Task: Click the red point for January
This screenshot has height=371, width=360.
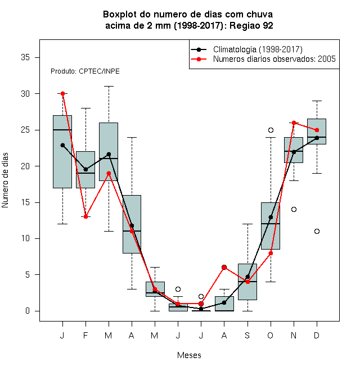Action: (62, 94)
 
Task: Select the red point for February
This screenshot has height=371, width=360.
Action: (85, 217)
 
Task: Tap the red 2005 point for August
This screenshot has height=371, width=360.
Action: (224, 268)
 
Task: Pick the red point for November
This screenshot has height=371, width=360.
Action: (294, 123)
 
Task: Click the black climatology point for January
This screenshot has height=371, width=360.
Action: (62, 145)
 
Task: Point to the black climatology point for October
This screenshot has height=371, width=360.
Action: (271, 217)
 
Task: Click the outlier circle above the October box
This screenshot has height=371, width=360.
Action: (271, 130)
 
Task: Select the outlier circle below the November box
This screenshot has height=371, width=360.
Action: (294, 210)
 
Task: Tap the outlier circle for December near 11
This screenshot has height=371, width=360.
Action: (317, 232)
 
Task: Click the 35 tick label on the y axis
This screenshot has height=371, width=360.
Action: (25, 57)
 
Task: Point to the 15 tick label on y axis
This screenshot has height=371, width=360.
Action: (25, 202)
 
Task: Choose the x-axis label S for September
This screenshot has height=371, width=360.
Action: (247, 336)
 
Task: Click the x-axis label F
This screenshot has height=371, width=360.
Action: (85, 336)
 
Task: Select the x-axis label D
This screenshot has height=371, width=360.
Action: (317, 336)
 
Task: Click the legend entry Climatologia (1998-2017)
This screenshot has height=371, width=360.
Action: (258, 49)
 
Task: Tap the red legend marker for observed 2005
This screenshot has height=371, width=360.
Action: (199, 59)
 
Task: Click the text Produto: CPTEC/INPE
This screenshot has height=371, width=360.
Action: (85, 71)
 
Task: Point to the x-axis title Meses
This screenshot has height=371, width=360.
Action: (189, 355)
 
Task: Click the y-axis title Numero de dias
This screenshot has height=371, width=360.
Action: (5, 180)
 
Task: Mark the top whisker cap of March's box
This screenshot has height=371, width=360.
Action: (109, 87)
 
